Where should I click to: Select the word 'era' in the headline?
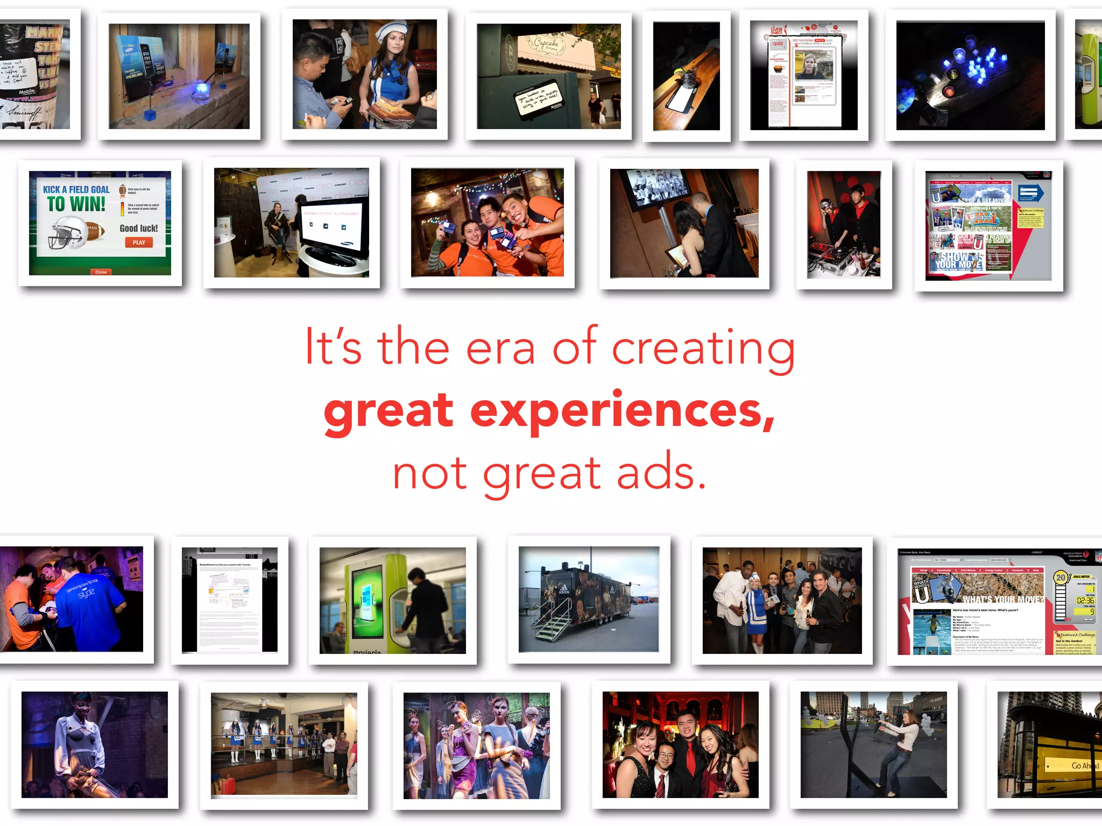(500, 348)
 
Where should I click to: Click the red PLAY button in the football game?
(139, 243)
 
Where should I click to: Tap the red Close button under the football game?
(101, 272)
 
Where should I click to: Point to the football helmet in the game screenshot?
(67, 232)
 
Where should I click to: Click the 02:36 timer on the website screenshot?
(1085, 600)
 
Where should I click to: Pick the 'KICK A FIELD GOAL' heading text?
(76, 189)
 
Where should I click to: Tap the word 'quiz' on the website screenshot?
(778, 44)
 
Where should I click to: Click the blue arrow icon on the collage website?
(1030, 193)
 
